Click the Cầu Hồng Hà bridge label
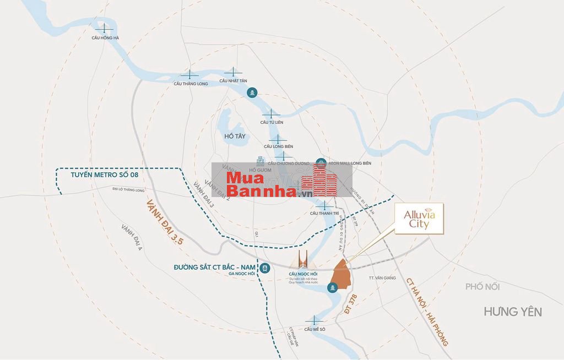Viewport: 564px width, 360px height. pos(106,38)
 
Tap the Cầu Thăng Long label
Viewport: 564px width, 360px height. pos(191,84)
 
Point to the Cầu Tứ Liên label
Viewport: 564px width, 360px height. pos(272,122)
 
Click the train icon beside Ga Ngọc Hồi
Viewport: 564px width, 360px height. pos(265,268)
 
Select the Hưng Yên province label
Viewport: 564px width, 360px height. pos(512,312)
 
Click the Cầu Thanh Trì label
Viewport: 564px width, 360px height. pos(324,213)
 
